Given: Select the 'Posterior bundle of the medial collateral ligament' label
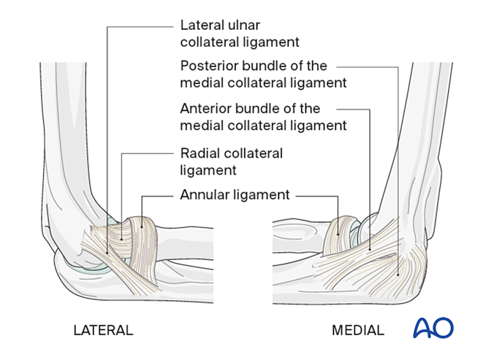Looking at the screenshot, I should click(262, 74).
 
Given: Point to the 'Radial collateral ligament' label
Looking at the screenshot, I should click(231, 161).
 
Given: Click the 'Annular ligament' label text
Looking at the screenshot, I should click(235, 195).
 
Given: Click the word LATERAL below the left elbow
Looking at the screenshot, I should click(103, 330).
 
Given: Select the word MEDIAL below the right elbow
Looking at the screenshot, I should click(357, 330).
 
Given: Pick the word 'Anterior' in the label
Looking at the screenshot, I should click(205, 109).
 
